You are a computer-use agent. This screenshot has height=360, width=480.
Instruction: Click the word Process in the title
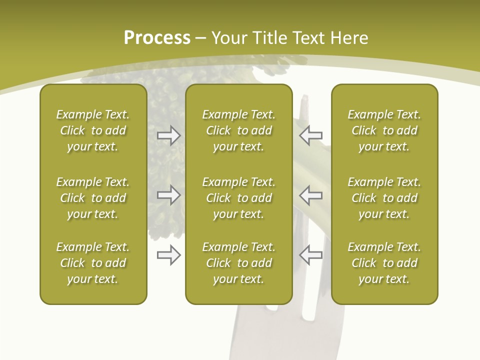157,38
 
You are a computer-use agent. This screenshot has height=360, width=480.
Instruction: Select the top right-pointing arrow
168,135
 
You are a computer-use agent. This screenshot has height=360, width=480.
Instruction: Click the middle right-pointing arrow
168,195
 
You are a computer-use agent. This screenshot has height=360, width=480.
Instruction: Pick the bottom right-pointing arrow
168,255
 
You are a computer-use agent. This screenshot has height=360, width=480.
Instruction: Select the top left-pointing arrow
310,135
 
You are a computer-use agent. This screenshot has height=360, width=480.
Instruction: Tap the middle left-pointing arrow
310,195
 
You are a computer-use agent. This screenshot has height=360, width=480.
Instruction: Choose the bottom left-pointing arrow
310,255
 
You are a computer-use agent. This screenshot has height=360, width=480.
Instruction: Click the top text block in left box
93,130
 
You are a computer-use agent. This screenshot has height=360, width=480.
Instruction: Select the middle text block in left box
93,198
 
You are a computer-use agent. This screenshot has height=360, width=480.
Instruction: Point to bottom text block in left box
93,263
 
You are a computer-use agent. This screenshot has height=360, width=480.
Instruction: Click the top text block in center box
238,130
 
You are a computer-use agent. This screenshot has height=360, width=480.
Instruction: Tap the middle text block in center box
238,198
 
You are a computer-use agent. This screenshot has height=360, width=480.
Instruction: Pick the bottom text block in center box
238,263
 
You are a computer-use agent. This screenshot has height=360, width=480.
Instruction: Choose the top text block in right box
384,130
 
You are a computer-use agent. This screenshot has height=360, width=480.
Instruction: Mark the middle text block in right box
384,198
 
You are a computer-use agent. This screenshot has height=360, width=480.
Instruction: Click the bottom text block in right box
384,263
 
